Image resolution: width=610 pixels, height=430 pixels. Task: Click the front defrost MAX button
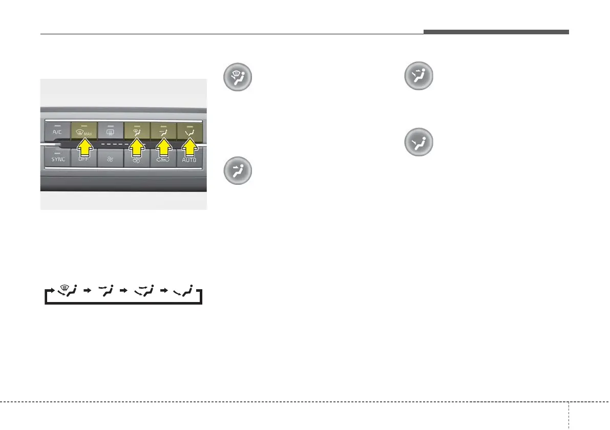pos(84,132)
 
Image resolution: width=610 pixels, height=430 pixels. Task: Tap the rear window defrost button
pos(111,132)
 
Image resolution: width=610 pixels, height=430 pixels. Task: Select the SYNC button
pos(57,159)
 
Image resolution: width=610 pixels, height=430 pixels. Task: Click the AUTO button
pos(189,159)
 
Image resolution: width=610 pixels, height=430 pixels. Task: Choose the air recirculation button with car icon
pos(163,159)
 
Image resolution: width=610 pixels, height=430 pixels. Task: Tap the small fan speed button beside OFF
pos(111,159)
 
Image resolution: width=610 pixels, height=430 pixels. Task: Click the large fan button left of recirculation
pos(137,159)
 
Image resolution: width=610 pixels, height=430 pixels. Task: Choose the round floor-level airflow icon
pos(418,142)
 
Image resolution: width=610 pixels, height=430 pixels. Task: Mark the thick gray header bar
pos(496,32)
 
